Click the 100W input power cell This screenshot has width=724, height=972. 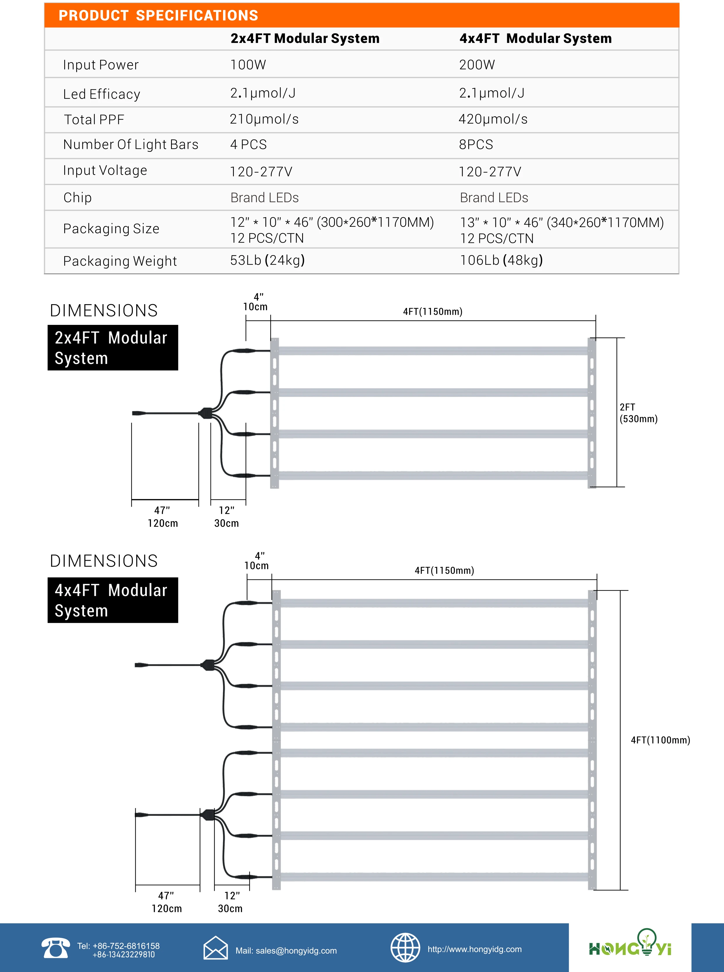[248, 65]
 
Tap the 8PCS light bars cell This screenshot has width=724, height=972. [476, 144]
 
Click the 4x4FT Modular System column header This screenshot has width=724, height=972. [535, 39]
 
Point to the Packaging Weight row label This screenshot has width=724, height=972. [120, 261]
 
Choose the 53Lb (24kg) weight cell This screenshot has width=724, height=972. [267, 260]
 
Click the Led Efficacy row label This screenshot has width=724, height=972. [102, 94]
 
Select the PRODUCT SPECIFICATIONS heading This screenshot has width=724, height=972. [158, 16]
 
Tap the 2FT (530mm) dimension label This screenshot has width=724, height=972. [638, 413]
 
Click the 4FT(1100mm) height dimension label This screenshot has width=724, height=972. [660, 740]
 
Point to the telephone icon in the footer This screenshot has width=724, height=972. [55, 948]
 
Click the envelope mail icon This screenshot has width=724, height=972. [216, 948]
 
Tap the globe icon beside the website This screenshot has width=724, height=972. [405, 947]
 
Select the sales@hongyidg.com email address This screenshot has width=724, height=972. [286, 950]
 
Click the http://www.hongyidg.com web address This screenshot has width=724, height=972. [475, 949]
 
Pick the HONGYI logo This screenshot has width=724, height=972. [630, 945]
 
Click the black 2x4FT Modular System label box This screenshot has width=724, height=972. [113, 348]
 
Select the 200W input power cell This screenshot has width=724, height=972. [477, 65]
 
